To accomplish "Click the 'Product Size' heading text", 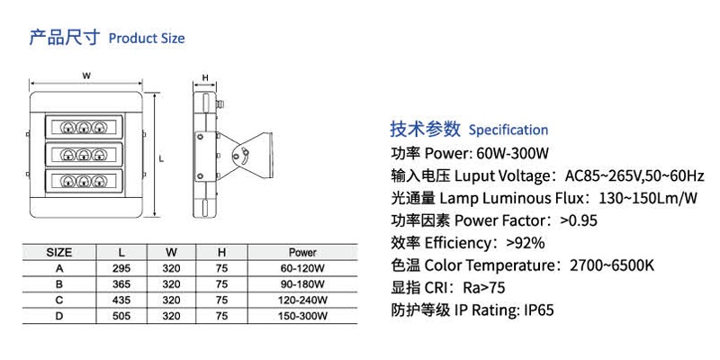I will (146, 39).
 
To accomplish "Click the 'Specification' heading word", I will (508, 130).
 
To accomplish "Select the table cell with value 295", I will (121, 268).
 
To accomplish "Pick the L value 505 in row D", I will (121, 316).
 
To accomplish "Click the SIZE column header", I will (59, 252).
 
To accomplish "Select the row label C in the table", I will (59, 300).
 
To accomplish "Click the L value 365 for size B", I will (121, 283).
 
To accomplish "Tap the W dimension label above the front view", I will (85, 76).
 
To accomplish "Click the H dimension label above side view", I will (206, 76).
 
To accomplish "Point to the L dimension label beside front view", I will (160, 157).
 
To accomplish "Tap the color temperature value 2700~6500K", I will (610, 265).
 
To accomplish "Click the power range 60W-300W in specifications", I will (513, 152).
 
